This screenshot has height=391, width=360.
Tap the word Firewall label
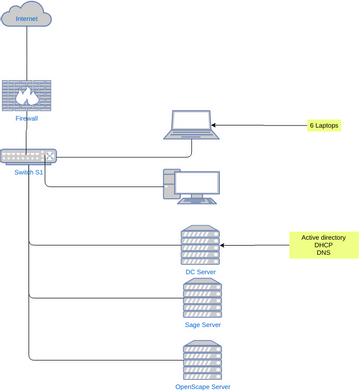coord(27,118)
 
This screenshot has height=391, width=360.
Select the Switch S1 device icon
coord(28,156)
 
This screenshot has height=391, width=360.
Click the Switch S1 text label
coord(28,172)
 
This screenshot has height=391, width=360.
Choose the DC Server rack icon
coord(200,246)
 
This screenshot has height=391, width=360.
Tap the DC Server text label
coord(200,272)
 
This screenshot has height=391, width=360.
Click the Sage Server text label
coord(201,325)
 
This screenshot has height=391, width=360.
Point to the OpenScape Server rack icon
coord(201,359)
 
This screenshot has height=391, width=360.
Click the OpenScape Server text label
coord(201,385)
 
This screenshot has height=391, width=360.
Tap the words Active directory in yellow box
coord(323,237)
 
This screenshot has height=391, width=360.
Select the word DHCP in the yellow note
coord(323,245)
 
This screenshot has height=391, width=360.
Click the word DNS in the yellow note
coord(323,253)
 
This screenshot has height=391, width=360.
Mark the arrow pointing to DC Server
coord(254,245)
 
